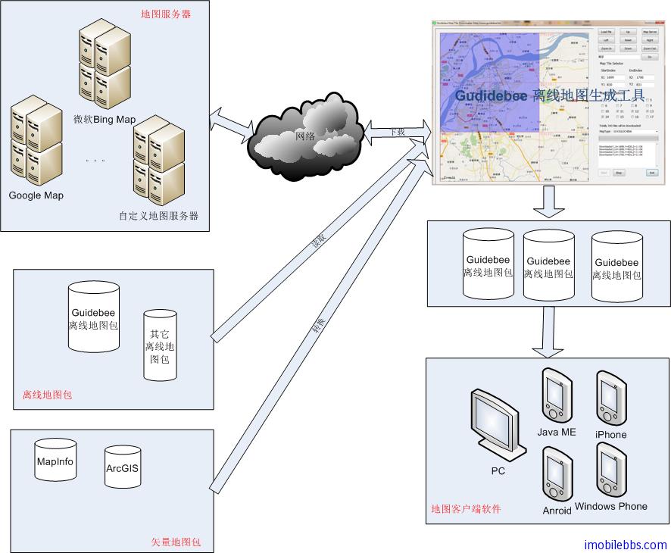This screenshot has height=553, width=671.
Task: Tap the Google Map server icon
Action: pos(36,143)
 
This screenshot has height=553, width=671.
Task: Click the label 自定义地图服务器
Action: pos(158,216)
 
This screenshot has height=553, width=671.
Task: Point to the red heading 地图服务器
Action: pos(166,14)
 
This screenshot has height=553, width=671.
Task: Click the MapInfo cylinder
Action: pos(54,464)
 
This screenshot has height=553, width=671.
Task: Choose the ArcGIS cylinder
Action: pos(122,468)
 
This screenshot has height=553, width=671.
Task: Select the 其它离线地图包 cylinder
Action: pos(159,344)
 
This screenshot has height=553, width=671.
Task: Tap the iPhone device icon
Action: pos(610,398)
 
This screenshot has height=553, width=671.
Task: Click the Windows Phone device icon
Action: pos(610,470)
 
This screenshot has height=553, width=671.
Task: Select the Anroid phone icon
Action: pos(557,474)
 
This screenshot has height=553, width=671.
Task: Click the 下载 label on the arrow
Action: pos(397,132)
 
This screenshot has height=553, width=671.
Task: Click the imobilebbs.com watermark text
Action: pos(626,545)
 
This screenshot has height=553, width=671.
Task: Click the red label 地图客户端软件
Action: pos(466,508)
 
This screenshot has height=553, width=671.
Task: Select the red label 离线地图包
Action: pos(47,395)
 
